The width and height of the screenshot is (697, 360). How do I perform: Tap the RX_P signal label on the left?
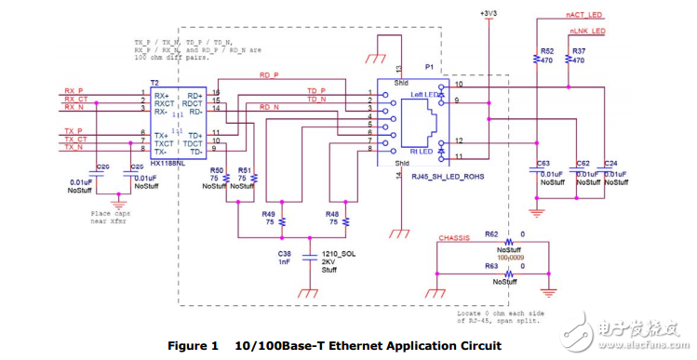[x=74, y=91]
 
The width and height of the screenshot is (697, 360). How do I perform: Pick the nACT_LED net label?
[x=585, y=16]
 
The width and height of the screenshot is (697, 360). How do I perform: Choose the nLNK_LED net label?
[x=586, y=31]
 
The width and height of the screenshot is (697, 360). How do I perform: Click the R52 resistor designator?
[x=546, y=50]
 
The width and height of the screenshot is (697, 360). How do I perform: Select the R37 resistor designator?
[x=579, y=50]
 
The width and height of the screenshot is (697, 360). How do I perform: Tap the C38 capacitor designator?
[x=285, y=252]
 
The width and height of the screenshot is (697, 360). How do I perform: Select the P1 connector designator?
[x=430, y=68]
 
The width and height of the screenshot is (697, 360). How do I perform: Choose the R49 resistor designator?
[x=268, y=213]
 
